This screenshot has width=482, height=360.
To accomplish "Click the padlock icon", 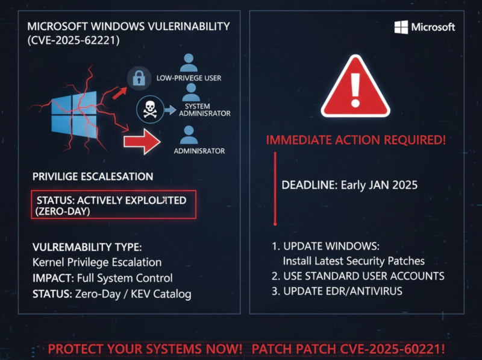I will tap(139, 77).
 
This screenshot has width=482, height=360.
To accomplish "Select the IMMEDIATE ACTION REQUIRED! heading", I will tap(356, 141).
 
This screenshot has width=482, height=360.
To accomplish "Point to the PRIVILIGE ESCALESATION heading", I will tap(93, 177).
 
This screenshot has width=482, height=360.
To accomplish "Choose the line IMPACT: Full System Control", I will tap(102, 278).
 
